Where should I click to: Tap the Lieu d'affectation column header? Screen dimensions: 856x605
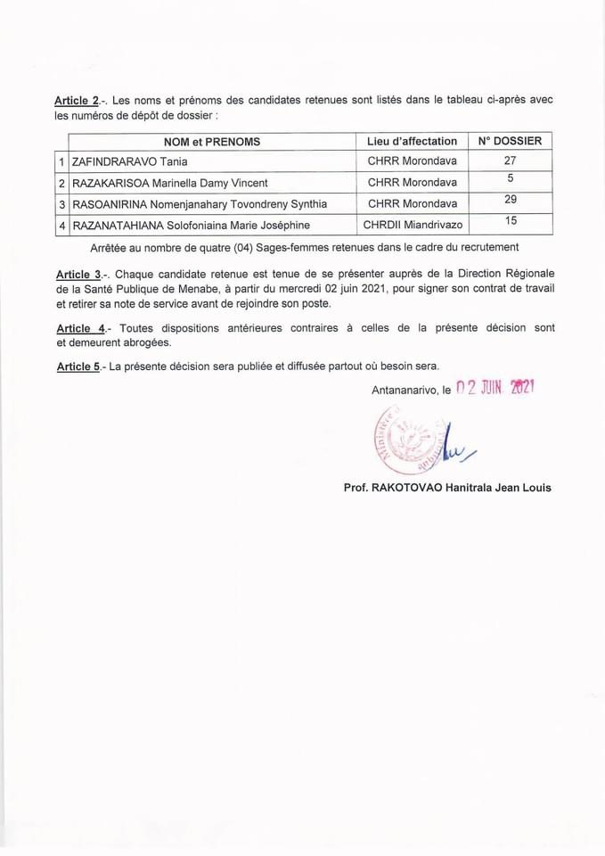point(412,141)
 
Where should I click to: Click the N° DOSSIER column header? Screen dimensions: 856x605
point(510,141)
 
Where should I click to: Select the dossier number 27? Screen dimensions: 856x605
point(510,160)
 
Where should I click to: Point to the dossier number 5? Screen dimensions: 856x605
point(511,178)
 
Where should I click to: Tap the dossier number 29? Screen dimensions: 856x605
point(511,200)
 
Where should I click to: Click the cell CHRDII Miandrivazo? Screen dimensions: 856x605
point(412,226)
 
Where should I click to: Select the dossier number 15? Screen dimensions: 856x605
point(511,220)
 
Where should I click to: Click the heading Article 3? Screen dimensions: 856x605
point(81,273)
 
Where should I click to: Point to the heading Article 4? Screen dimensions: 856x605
point(81,328)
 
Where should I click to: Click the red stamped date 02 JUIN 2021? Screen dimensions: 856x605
point(494,388)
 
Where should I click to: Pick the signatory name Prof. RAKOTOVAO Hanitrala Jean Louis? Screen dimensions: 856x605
point(447,488)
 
